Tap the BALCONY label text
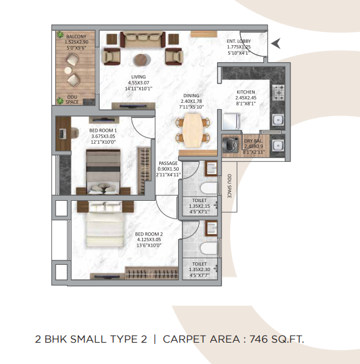(x=77, y=37)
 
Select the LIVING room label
(x=139, y=77)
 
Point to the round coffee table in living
(x=142, y=60)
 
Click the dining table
(x=190, y=126)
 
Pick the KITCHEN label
(x=246, y=91)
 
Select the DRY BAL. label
(x=253, y=141)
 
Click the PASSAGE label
(x=167, y=163)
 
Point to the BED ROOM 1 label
(x=103, y=131)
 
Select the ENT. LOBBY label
(x=239, y=42)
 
